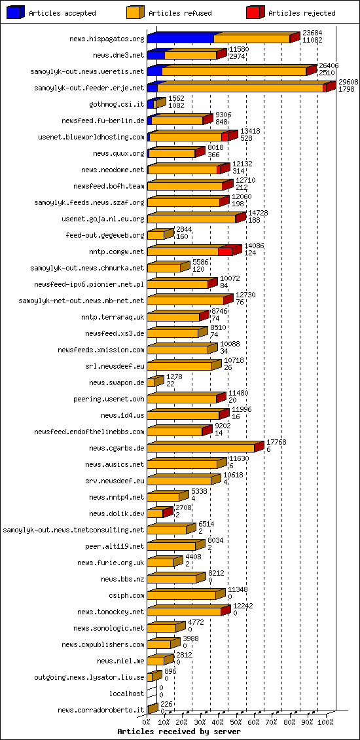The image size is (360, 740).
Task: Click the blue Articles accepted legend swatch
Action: point(15,12)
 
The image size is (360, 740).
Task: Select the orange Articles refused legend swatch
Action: point(135,12)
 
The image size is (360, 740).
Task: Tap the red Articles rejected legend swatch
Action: point(255,12)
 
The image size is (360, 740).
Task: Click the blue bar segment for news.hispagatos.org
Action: point(180,39)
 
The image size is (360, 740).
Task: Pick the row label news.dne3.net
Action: point(118,55)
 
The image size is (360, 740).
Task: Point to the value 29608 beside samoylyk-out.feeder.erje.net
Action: point(348,82)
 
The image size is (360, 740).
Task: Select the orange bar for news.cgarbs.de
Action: point(200,448)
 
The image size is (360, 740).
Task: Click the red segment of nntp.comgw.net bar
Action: point(225,251)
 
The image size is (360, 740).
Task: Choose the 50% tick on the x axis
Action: point(236,722)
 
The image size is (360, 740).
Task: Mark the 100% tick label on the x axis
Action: point(325,722)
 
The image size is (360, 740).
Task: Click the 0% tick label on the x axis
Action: point(147,722)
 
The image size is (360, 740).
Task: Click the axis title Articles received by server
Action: point(179,731)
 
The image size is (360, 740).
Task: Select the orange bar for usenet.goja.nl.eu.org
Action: point(191,219)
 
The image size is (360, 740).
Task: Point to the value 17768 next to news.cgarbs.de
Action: point(276,442)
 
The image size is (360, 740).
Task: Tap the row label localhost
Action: point(126,694)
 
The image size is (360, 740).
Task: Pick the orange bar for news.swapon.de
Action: point(151,382)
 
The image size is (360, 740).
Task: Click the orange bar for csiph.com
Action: point(181,595)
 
